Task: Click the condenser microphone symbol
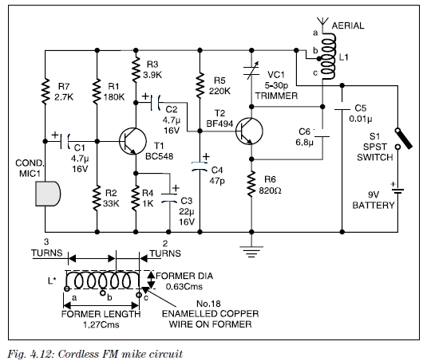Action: coord(48,194)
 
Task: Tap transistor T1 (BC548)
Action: coord(132,141)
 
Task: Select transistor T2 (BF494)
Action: coord(249,131)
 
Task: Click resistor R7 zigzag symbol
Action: coord(45,91)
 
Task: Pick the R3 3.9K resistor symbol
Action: coord(136,69)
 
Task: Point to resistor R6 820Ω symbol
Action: coord(251,185)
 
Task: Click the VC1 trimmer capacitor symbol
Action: coord(251,71)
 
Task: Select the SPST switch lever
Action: coord(404,139)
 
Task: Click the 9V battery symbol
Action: coord(397,190)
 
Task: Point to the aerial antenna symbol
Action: coord(322,22)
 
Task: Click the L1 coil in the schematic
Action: coord(327,56)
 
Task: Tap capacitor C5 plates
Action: coord(342,106)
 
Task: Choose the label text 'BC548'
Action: coord(159,156)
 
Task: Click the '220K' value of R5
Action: coord(219,91)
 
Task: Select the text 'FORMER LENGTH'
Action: coord(101,314)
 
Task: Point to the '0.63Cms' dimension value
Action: coord(184,286)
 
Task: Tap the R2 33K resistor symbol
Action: coord(97,198)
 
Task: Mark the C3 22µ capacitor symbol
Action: coord(169,198)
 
